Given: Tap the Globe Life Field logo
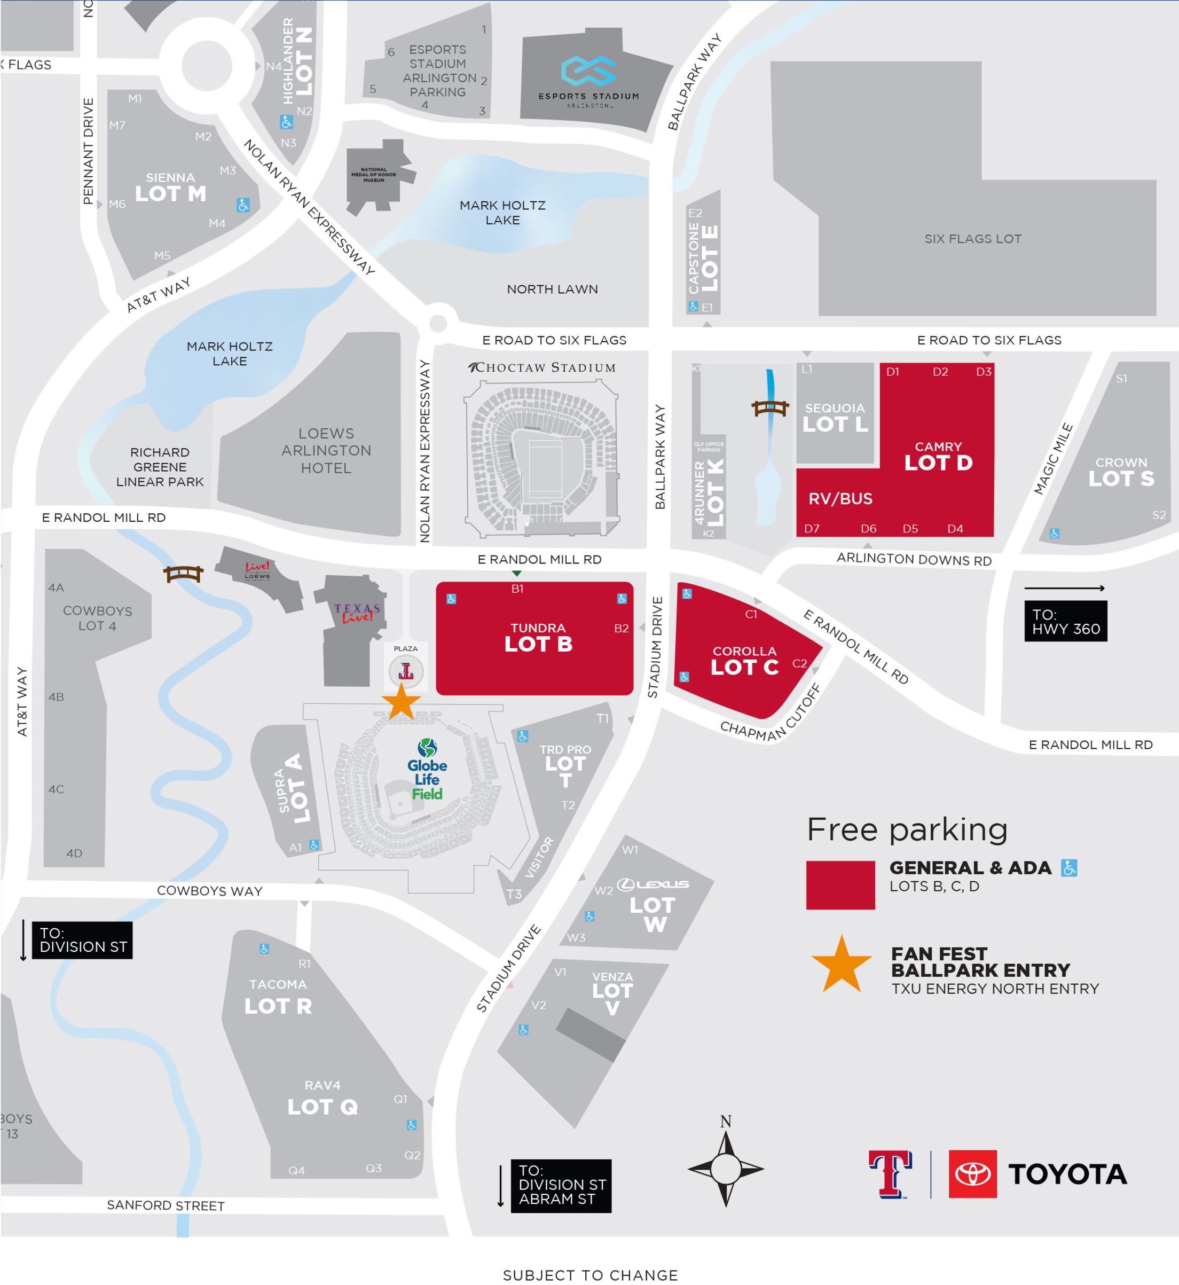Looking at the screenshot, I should tap(427, 770).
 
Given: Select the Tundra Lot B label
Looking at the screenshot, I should tap(538, 637).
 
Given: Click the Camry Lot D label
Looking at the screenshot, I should tap(938, 457).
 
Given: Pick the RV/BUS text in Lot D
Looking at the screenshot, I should tap(840, 499).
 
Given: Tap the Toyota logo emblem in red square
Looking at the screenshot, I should tap(972, 1174).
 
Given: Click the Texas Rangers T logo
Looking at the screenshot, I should tap(890, 1174).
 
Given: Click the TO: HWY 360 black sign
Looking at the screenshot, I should tap(1065, 622).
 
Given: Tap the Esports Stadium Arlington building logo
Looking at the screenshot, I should tap(588, 72).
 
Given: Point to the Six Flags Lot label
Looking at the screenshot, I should tap(972, 239).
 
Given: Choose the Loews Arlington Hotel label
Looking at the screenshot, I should tap(326, 450).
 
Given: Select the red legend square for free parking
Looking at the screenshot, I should tap(840, 885).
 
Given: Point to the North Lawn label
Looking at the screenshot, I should tap(553, 289).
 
